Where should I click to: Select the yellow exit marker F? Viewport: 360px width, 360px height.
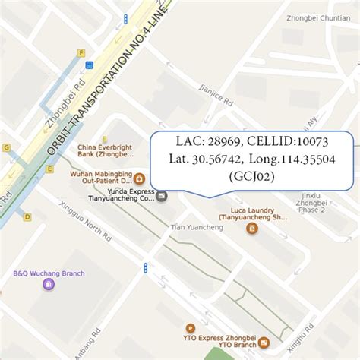click(80, 52)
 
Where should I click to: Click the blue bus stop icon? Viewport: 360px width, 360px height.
click(89, 65)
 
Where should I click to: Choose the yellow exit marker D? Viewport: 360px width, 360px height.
click(28, 216)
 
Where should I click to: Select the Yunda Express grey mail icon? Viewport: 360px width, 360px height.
click(162, 196)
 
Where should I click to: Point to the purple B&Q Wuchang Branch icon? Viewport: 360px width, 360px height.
click(48, 285)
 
